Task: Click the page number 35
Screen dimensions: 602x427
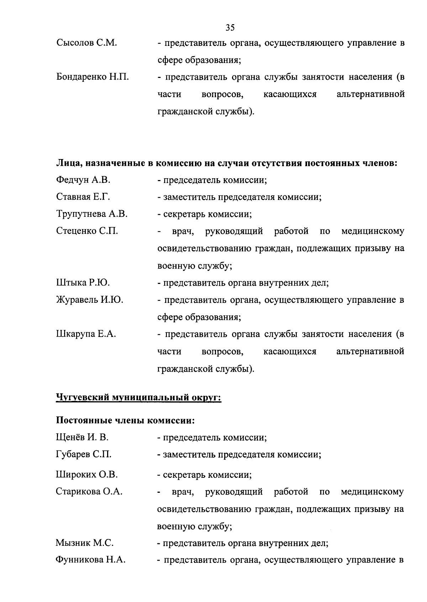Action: click(x=230, y=27)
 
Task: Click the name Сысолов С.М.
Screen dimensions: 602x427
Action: click(x=87, y=43)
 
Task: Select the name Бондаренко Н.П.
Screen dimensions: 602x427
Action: click(x=93, y=77)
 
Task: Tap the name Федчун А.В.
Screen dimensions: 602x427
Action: click(x=83, y=180)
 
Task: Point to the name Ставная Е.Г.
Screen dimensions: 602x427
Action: click(x=83, y=197)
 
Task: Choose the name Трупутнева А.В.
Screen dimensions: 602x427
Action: click(x=92, y=214)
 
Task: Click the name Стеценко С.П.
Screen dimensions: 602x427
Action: click(x=87, y=231)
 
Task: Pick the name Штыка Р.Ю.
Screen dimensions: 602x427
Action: click(x=83, y=283)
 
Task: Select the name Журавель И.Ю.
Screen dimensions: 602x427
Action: click(x=90, y=300)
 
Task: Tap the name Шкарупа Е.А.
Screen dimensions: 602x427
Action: click(x=86, y=334)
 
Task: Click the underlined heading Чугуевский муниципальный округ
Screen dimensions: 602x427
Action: click(x=138, y=397)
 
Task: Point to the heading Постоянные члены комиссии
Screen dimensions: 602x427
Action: click(x=126, y=421)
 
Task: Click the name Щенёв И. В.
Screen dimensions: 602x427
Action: click(x=82, y=437)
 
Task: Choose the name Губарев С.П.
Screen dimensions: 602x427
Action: click(x=84, y=454)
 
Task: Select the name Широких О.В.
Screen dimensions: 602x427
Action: click(x=87, y=475)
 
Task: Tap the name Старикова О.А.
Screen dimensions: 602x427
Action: click(x=89, y=492)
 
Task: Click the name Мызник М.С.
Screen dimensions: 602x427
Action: click(x=85, y=543)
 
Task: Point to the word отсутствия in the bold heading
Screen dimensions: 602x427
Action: click(x=278, y=163)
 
